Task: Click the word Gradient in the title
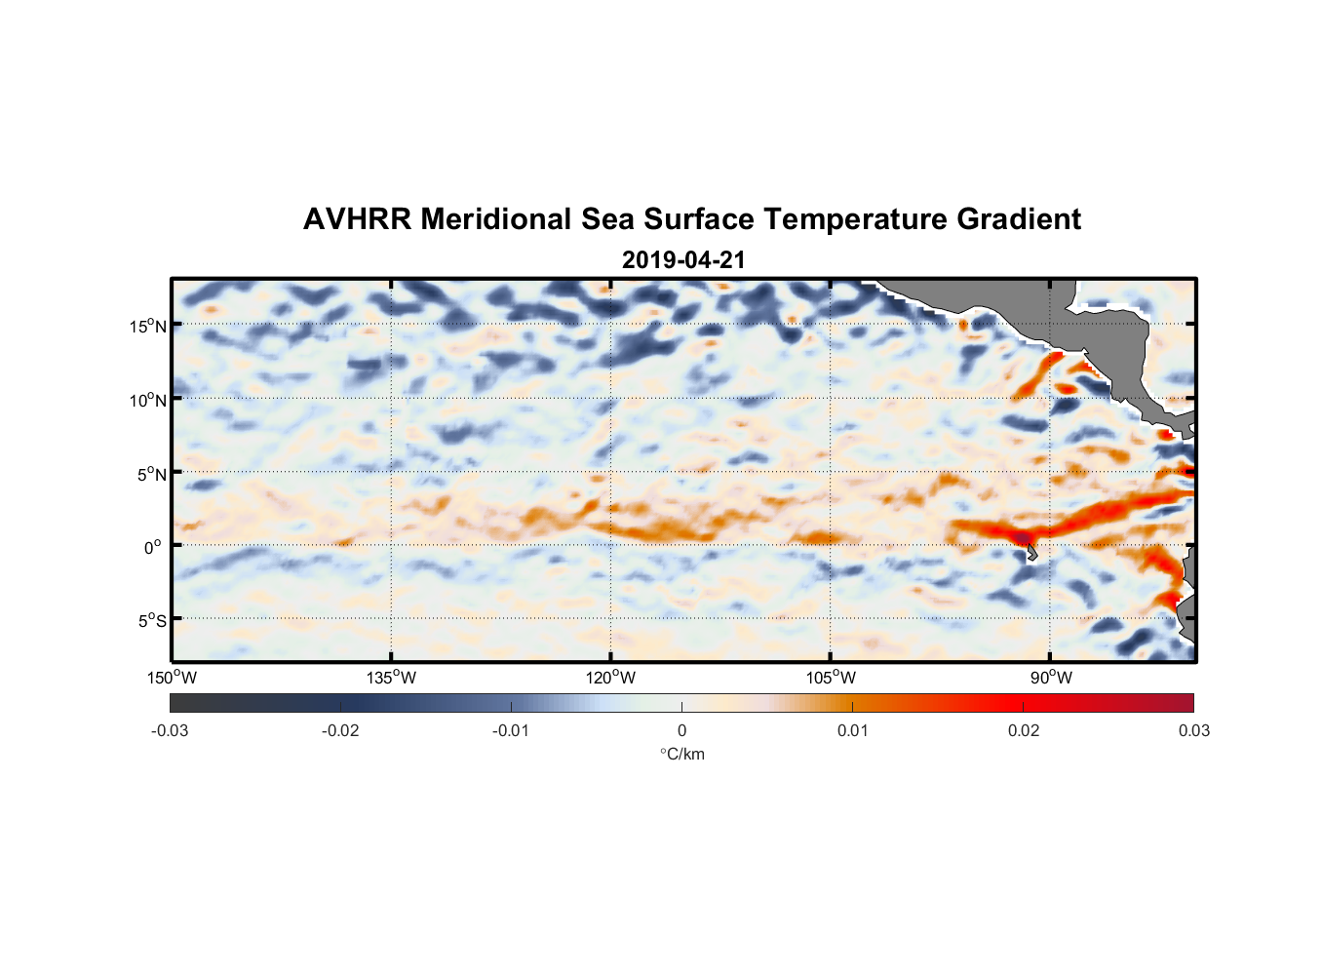1019,219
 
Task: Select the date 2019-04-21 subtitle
683,260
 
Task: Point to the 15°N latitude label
148,326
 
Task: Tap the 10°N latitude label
148,400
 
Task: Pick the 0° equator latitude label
153,547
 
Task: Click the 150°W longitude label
172,678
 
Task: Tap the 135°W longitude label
391,678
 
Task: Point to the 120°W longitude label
610,678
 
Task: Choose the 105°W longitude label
831,678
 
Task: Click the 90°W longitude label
1051,678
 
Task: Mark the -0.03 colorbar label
170,730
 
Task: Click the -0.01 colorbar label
510,730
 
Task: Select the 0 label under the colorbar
681,730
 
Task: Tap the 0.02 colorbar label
1024,730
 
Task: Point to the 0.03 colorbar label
1193,730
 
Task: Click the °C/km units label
681,754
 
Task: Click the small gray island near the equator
1031,554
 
